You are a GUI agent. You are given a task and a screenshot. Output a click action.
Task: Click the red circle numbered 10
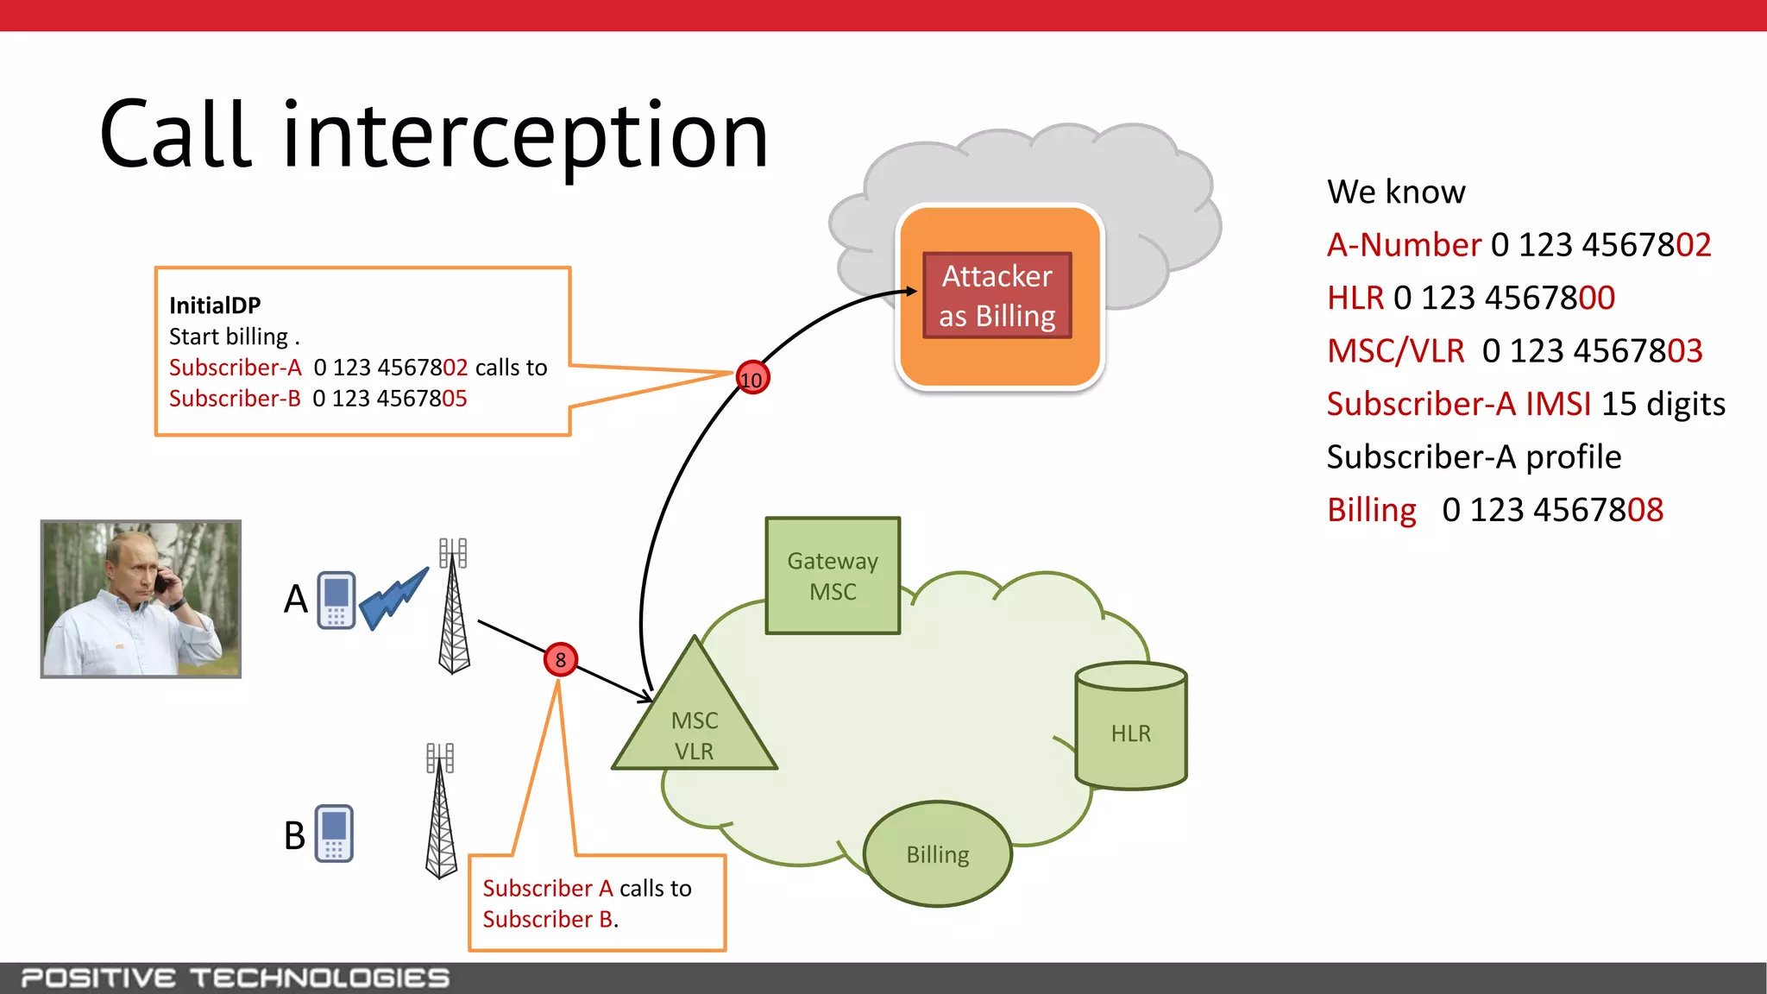[752, 378]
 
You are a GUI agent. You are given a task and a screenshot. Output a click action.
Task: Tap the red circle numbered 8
[560, 660]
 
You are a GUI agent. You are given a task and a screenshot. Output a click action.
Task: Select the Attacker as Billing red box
[997, 296]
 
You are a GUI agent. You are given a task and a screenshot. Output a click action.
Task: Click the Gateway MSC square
[833, 576]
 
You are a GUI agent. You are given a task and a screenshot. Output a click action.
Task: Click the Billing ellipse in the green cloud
[937, 854]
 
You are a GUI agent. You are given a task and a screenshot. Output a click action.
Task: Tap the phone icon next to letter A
[336, 600]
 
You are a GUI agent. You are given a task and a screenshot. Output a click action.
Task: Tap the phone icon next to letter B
[334, 834]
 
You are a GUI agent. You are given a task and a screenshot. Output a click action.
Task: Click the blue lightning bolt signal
[393, 598]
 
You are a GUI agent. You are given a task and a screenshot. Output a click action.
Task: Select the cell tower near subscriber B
[441, 811]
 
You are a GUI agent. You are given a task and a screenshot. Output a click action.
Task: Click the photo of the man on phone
[141, 599]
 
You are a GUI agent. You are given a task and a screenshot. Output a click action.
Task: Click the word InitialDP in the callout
[215, 305]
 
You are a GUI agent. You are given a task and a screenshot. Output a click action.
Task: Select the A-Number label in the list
[1404, 245]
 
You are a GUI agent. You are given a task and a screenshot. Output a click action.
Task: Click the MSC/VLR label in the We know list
[1395, 351]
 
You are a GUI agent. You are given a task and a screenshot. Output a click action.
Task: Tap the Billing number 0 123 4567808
[1552, 510]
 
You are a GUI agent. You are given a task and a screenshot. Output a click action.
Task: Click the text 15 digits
[1663, 404]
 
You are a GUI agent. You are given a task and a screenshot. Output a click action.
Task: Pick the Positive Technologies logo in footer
[235, 978]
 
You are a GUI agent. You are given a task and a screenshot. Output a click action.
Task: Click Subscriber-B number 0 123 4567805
[389, 399]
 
